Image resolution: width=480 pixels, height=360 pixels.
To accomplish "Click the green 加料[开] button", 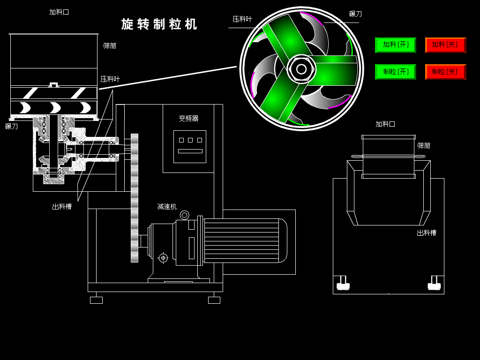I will click(395, 45).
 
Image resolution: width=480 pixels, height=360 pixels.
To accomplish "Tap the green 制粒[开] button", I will click(395, 72).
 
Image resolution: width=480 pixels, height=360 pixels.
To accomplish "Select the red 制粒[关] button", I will click(445, 72).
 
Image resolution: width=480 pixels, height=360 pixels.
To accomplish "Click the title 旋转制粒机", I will click(159, 24).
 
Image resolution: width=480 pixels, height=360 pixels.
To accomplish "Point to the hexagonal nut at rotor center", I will click(301, 69).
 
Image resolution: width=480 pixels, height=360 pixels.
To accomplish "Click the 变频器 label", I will click(188, 119).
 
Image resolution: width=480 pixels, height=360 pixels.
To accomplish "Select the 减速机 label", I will click(167, 207).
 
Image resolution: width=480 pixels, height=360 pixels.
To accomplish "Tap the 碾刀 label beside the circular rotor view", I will click(355, 14).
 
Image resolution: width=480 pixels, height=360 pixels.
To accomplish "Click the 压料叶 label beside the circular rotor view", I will click(242, 19).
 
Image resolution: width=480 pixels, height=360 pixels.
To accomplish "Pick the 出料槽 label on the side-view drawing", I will click(427, 233).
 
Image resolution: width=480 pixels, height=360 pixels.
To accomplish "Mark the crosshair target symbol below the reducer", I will click(163, 258).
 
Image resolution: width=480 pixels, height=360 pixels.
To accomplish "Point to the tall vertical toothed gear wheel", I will click(135, 197).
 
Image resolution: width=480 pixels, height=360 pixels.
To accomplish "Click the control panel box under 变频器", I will click(190, 147).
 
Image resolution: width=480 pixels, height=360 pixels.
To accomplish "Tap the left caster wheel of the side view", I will click(343, 284).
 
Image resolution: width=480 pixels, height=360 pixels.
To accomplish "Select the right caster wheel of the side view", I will click(435, 284).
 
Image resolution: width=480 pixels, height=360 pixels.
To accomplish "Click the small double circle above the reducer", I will click(185, 215).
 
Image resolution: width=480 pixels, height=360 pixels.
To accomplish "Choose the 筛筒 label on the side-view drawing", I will click(424, 146).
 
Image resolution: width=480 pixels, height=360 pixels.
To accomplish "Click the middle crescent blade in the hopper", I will click(55, 108).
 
